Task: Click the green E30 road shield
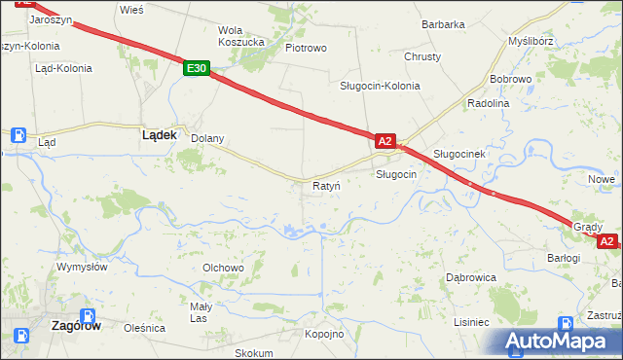[x=197, y=68]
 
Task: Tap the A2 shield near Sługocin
[x=385, y=142]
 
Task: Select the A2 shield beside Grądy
[x=606, y=240]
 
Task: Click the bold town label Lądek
[x=159, y=136]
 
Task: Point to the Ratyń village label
[x=325, y=185]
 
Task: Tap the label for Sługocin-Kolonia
[x=380, y=86]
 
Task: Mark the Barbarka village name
[x=443, y=24]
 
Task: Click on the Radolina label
[x=489, y=103]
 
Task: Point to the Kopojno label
[x=325, y=335]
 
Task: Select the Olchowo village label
[x=222, y=268]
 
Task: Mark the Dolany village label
[x=206, y=138]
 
